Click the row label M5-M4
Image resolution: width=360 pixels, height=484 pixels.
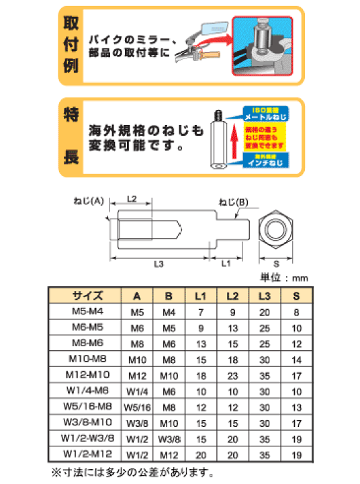coord(86,312)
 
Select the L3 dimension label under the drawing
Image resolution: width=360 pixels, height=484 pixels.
coord(159,264)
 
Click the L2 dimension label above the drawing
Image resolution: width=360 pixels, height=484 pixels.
coord(132,199)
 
